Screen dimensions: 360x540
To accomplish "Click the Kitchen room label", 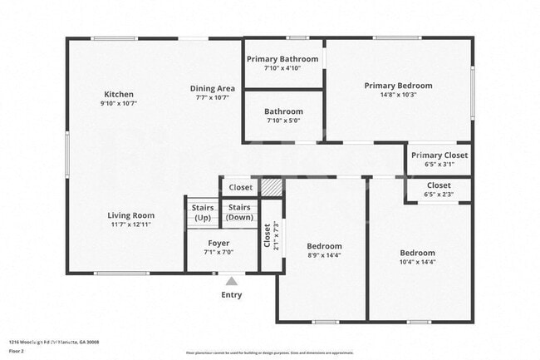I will (x=119, y=94).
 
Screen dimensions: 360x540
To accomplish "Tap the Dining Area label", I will (x=212, y=88).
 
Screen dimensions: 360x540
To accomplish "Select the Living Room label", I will (x=131, y=215).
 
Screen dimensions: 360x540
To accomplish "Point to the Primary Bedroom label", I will (x=398, y=86).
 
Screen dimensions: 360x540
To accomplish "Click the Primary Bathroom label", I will (x=284, y=59).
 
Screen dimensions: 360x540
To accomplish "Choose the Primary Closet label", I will (x=439, y=155).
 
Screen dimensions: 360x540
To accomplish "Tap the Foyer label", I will (x=218, y=243).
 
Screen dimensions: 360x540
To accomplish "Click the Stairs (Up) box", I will (x=203, y=213).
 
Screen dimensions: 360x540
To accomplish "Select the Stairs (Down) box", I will (x=241, y=212).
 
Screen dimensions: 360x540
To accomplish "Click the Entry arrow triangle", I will (x=231, y=281).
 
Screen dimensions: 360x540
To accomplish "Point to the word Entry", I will (x=232, y=295).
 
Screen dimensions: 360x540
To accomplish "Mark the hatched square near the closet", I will (x=272, y=187).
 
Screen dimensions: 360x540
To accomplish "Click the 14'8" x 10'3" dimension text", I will (x=398, y=96).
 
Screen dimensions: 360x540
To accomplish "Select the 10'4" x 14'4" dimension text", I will (x=417, y=263).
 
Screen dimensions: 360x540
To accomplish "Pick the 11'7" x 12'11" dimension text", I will (x=131, y=224).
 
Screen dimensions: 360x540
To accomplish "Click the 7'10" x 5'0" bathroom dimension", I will (x=283, y=121).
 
